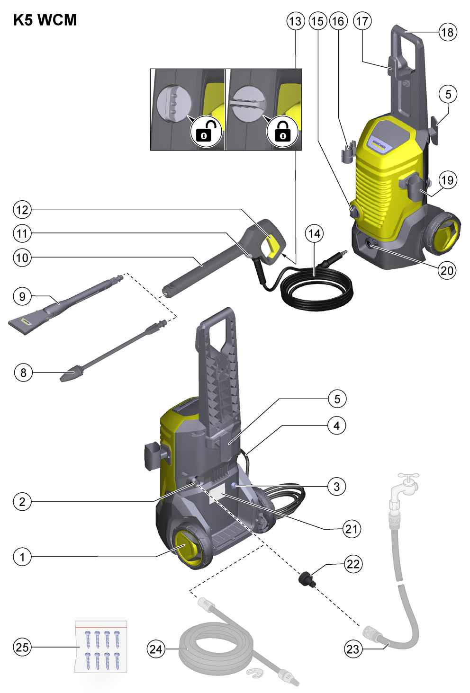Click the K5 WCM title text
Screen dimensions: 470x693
(x=45, y=20)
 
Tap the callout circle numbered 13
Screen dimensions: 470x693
(x=295, y=21)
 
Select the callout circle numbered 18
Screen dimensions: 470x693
(x=448, y=32)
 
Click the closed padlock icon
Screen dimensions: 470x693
(x=282, y=132)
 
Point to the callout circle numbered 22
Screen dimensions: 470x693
(x=353, y=564)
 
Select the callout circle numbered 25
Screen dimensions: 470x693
(x=22, y=647)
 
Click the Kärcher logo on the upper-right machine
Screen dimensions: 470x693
(x=379, y=144)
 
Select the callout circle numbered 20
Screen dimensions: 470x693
(x=446, y=271)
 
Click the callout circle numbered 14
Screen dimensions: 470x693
(x=315, y=233)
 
